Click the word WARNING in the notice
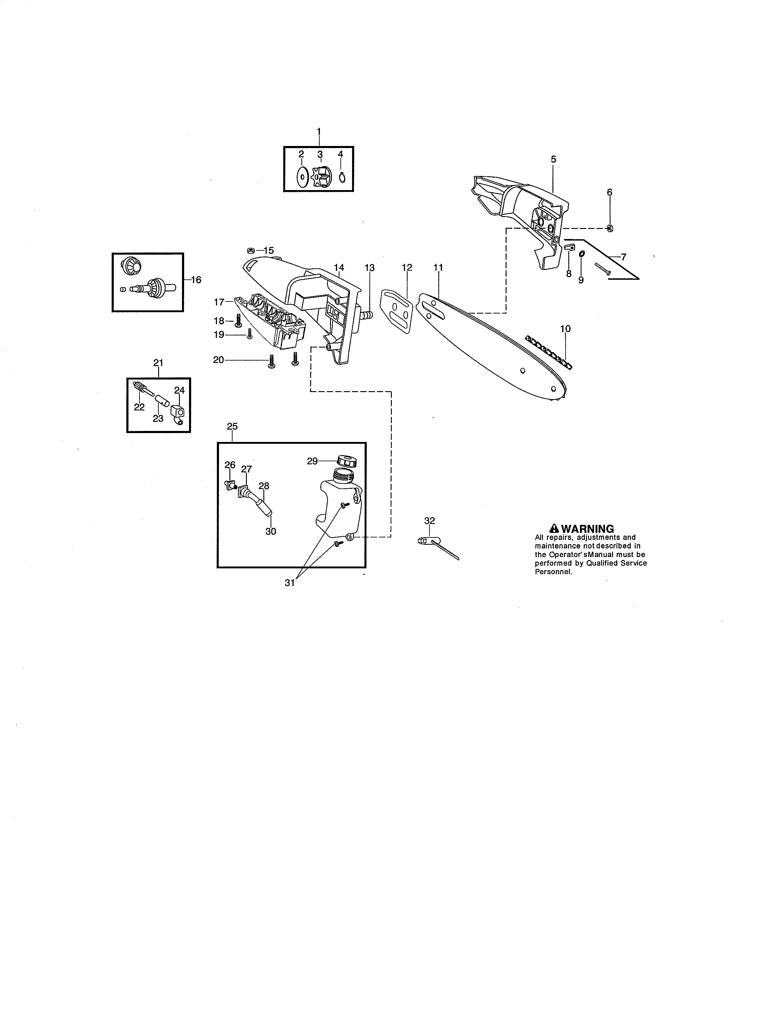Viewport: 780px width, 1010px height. pyautogui.click(x=587, y=529)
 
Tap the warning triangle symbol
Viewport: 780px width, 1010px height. pyautogui.click(x=554, y=529)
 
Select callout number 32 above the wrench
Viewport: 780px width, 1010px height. pyautogui.click(x=429, y=521)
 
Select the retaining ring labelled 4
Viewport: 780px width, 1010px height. pyautogui.click(x=341, y=177)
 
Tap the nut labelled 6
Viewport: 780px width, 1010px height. pyautogui.click(x=610, y=228)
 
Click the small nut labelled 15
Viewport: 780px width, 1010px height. pyautogui.click(x=250, y=250)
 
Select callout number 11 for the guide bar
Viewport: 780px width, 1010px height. pyautogui.click(x=438, y=267)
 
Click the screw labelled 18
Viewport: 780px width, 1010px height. pyautogui.click(x=239, y=320)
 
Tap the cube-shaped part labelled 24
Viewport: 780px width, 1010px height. pyautogui.click(x=177, y=410)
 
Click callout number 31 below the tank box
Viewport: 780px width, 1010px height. pyautogui.click(x=289, y=583)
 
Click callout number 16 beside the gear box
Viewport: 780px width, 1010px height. pyautogui.click(x=196, y=279)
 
